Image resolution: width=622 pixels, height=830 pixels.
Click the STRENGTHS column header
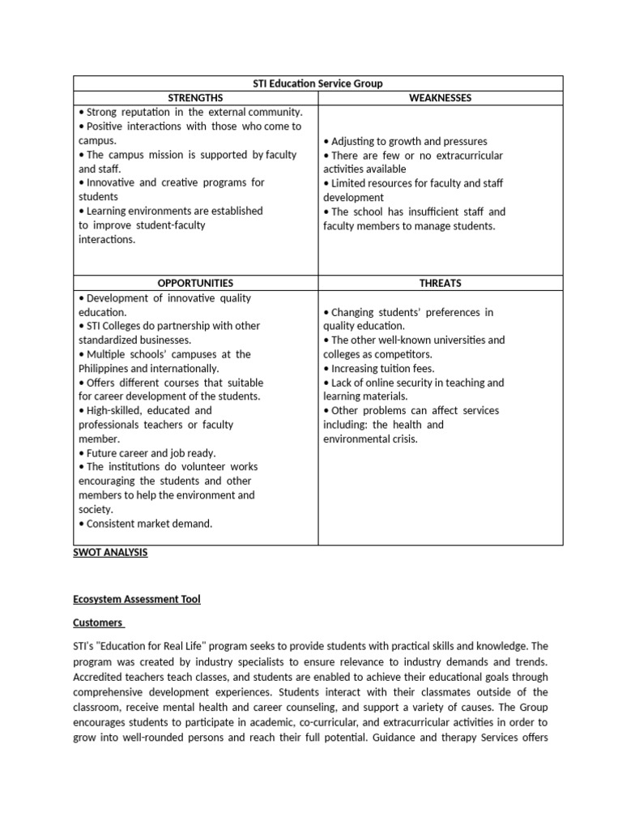(x=195, y=98)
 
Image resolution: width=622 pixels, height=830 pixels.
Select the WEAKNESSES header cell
(x=440, y=98)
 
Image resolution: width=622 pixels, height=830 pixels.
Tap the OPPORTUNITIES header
(x=195, y=283)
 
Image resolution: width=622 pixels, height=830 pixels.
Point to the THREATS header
(x=440, y=283)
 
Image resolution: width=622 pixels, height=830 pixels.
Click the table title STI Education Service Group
(x=317, y=83)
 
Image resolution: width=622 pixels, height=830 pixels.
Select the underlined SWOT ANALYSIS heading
(x=110, y=553)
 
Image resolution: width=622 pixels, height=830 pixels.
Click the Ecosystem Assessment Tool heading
(x=137, y=599)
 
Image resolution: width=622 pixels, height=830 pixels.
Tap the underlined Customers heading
(x=97, y=622)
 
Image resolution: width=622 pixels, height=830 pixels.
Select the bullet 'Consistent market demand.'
(x=146, y=524)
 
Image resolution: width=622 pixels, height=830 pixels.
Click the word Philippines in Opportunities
(x=107, y=368)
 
